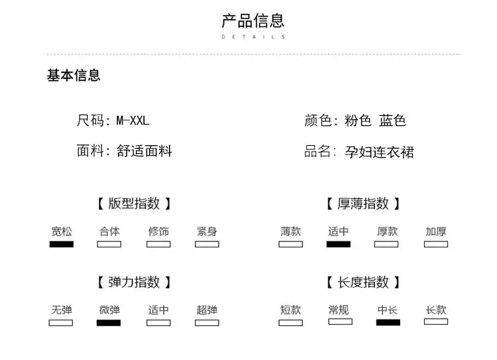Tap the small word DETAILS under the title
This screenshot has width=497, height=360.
[x=252, y=37]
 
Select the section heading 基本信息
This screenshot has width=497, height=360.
[x=74, y=76]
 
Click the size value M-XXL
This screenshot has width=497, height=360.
[x=133, y=121]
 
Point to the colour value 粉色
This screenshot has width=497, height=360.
[x=358, y=121]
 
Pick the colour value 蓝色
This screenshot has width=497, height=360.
[x=392, y=121]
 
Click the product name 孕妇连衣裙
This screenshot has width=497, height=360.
[x=380, y=152]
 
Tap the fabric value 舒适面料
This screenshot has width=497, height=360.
[x=144, y=151]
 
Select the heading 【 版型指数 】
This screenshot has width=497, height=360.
[x=134, y=204]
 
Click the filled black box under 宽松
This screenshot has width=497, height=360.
[x=62, y=244]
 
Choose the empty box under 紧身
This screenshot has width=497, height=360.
[x=207, y=244]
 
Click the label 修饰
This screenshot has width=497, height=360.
[x=158, y=231]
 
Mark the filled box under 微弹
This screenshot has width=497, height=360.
[x=109, y=323]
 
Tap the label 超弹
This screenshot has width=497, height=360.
[x=207, y=310]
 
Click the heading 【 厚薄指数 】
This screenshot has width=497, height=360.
[x=363, y=204]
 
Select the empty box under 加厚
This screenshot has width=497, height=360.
[x=436, y=244]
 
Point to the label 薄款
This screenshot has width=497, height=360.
[x=290, y=231]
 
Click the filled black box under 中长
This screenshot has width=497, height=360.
[x=388, y=323]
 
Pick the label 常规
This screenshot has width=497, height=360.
[x=339, y=310]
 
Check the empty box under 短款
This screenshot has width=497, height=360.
[x=290, y=323]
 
